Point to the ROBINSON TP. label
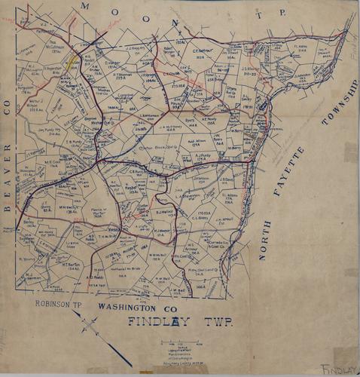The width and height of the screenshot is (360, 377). (x=59, y=304)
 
